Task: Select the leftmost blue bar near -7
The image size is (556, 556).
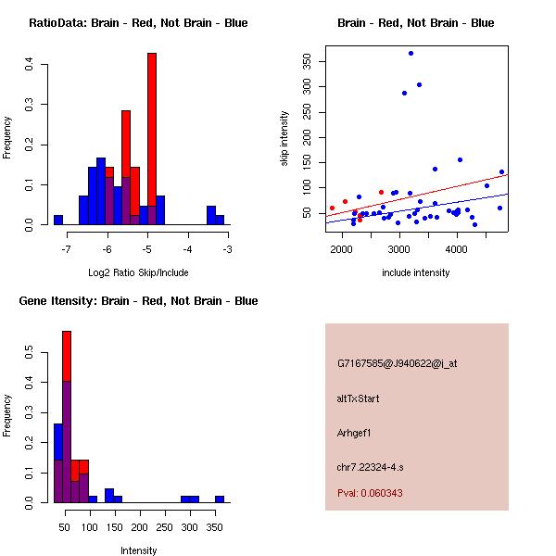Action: (58, 221)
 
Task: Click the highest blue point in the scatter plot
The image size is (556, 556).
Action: (411, 53)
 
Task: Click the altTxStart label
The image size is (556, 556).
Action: (358, 398)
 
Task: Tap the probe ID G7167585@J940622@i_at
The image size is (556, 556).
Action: (397, 363)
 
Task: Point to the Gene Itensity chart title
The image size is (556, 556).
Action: (138, 301)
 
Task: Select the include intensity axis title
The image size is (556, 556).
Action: (415, 272)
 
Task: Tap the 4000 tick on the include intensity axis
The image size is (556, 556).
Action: (457, 249)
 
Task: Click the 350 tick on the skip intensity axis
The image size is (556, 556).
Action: (308, 61)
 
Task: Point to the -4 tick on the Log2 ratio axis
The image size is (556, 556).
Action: (187, 249)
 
